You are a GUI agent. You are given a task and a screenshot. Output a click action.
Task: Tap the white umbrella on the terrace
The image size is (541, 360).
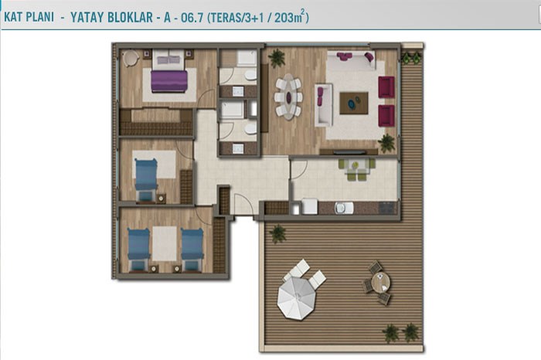(296, 298)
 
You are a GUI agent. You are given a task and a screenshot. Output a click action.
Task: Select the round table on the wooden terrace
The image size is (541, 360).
(380, 282)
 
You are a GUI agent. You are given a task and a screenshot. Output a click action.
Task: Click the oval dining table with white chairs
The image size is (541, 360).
(289, 97)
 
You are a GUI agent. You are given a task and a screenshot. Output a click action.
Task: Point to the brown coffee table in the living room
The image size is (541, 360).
(354, 103)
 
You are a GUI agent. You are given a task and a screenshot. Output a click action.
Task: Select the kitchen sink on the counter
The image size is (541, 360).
(344, 208)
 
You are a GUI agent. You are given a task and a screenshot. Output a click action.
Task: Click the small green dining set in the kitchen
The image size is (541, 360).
(356, 168)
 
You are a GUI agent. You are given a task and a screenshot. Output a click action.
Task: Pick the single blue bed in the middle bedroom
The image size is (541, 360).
(146, 179)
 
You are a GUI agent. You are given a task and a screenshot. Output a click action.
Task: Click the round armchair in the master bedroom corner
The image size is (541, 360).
(131, 58)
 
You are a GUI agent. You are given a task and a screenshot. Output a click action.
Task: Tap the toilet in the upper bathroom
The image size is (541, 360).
(250, 75)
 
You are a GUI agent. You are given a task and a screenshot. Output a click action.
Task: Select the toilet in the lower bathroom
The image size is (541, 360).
(250, 129)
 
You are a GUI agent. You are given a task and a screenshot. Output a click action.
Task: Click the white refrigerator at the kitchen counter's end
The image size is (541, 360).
(309, 206)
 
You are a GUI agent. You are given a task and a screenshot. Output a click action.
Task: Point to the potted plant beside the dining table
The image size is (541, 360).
(277, 58)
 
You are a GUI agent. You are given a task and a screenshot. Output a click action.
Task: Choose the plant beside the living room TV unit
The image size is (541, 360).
(386, 143)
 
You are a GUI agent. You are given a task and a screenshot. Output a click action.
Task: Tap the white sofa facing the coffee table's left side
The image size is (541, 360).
(323, 105)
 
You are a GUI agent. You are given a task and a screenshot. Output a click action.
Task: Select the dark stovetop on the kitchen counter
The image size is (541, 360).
(388, 208)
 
